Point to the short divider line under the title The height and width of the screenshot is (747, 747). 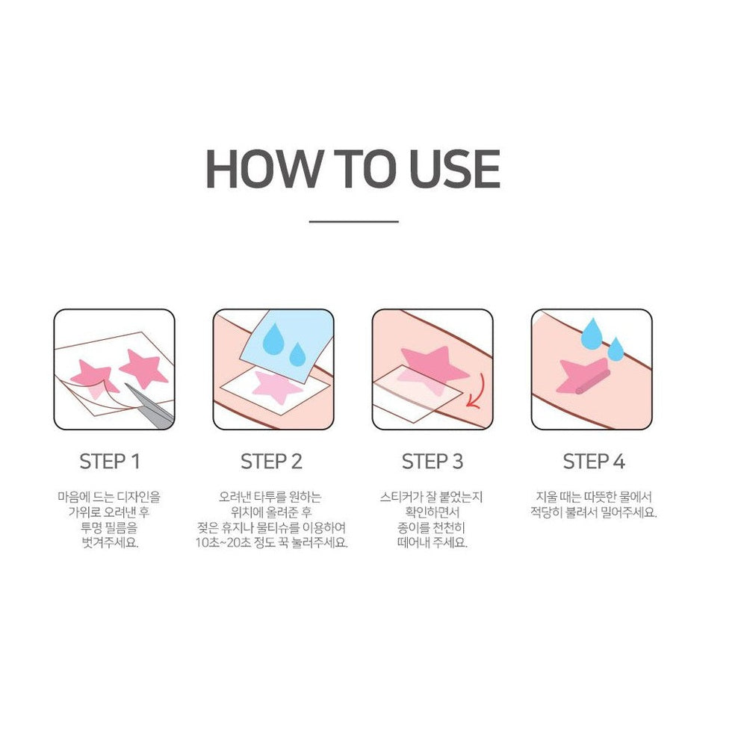(x=353, y=221)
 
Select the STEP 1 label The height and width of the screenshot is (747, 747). (x=110, y=462)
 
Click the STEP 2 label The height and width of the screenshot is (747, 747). (x=271, y=462)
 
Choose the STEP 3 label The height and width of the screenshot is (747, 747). (x=433, y=462)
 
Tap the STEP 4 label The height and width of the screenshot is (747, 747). (x=593, y=462)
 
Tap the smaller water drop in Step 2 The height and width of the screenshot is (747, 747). (x=297, y=354)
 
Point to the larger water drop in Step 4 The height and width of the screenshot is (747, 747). (x=592, y=332)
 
